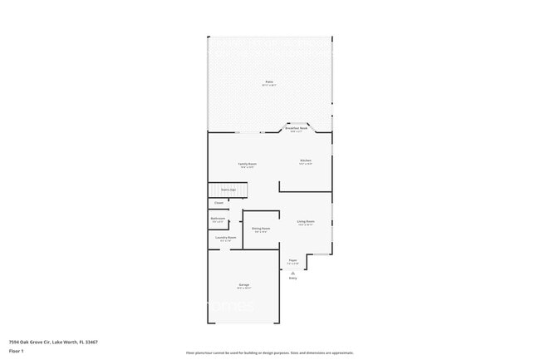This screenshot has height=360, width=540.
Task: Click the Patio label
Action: [x=269, y=81]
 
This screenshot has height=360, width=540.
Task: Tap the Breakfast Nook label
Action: [x=297, y=128]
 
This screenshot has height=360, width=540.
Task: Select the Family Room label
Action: [x=248, y=164]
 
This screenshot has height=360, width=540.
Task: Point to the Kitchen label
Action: [x=305, y=160]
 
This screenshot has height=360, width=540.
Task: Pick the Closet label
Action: [x=218, y=203]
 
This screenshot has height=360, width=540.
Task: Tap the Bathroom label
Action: [x=218, y=219]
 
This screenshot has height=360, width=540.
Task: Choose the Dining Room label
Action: [x=261, y=228]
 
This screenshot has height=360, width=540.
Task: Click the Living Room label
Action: [x=306, y=221]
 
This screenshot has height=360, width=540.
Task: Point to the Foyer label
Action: [x=292, y=260]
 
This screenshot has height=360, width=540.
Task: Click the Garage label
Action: [x=244, y=285]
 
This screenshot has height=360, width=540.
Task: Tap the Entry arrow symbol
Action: [x=292, y=272]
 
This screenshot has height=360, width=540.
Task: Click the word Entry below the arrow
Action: [x=292, y=279]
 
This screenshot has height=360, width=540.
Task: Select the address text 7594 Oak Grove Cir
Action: [x=32, y=342]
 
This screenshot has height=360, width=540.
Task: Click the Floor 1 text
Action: [x=16, y=352]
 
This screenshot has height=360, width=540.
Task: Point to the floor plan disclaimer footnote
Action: [x=270, y=353]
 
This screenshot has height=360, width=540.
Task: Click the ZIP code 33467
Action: [x=91, y=342]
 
